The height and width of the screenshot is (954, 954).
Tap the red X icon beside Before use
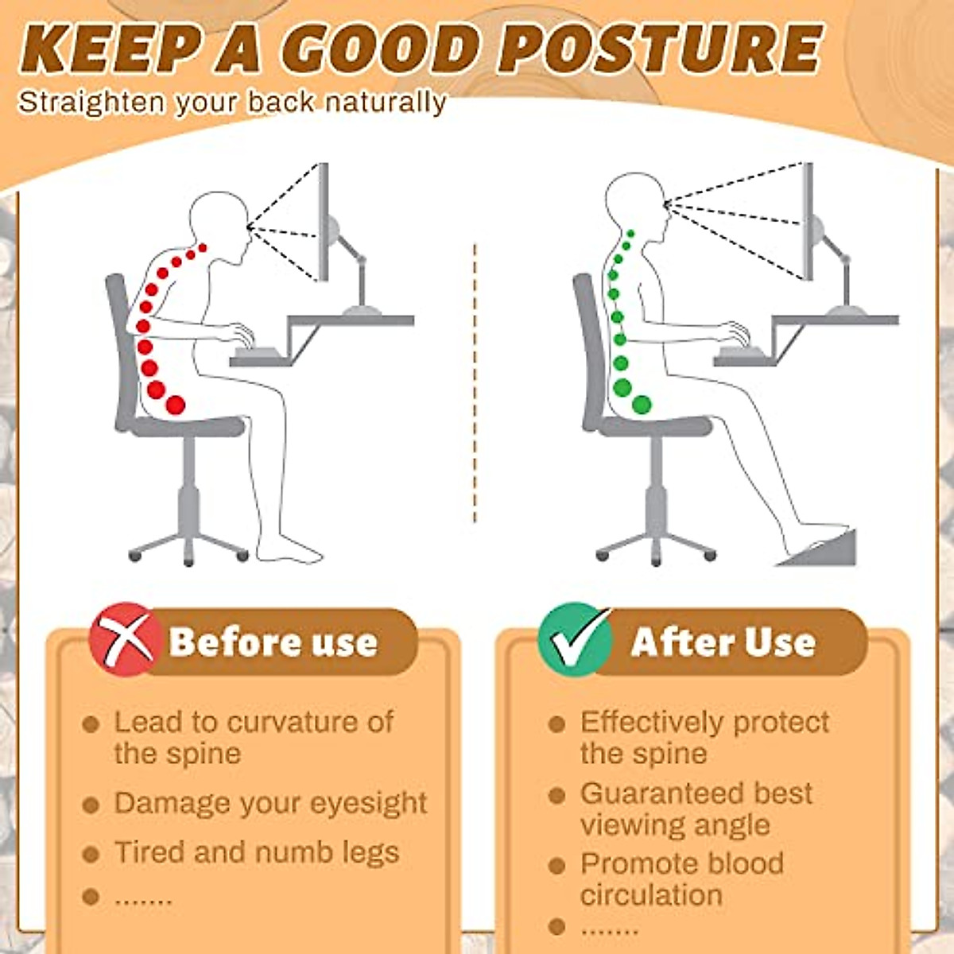tap(122, 640)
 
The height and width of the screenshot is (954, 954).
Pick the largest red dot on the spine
tap(176, 405)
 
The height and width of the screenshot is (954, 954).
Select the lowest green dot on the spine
tap(642, 405)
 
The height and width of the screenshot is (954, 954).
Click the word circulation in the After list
tap(651, 895)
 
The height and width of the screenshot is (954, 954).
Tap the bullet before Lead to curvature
tap(91, 724)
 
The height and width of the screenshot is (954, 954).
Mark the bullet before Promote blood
tap(557, 865)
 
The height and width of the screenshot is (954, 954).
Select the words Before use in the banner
tap(273, 642)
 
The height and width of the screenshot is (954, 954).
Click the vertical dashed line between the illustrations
tap(475, 382)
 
